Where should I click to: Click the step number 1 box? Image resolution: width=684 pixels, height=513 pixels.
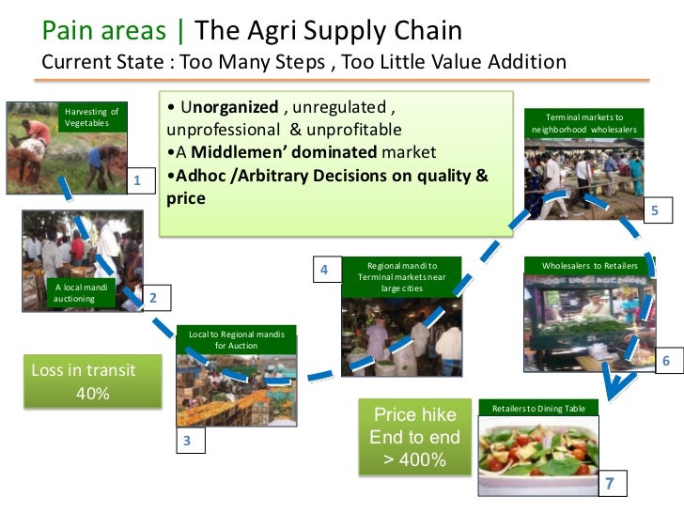click(137, 179)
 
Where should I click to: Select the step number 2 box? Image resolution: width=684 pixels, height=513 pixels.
click(153, 299)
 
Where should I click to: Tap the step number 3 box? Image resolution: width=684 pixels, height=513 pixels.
click(187, 441)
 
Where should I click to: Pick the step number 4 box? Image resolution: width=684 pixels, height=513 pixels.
click(323, 270)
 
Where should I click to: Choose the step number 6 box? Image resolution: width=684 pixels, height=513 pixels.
click(666, 362)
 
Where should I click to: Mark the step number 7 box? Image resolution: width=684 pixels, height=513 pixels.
click(610, 484)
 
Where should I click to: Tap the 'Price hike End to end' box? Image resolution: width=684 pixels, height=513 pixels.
click(414, 437)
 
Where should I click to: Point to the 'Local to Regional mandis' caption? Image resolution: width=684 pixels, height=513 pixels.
click(237, 339)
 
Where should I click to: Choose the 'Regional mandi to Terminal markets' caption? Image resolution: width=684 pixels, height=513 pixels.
click(401, 276)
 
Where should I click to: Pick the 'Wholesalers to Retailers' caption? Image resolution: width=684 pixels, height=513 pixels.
click(589, 266)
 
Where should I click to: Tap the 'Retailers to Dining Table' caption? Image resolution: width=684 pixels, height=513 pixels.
click(532, 408)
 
